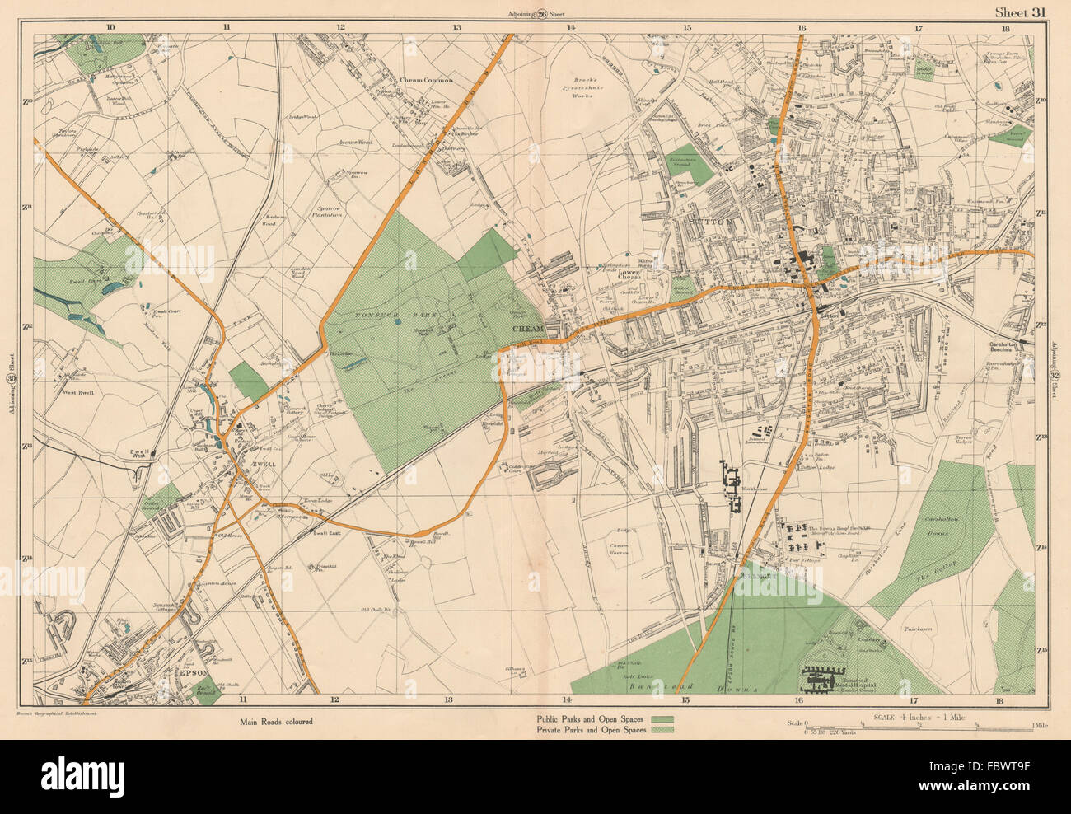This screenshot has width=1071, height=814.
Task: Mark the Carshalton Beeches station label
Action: pos(1013,349)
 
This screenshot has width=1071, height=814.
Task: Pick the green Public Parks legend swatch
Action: pos(662,719)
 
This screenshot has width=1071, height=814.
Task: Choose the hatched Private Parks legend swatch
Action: pos(662,730)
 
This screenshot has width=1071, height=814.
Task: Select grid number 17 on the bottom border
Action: pos(904,700)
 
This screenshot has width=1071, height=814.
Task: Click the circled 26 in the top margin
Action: pos(542,13)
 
